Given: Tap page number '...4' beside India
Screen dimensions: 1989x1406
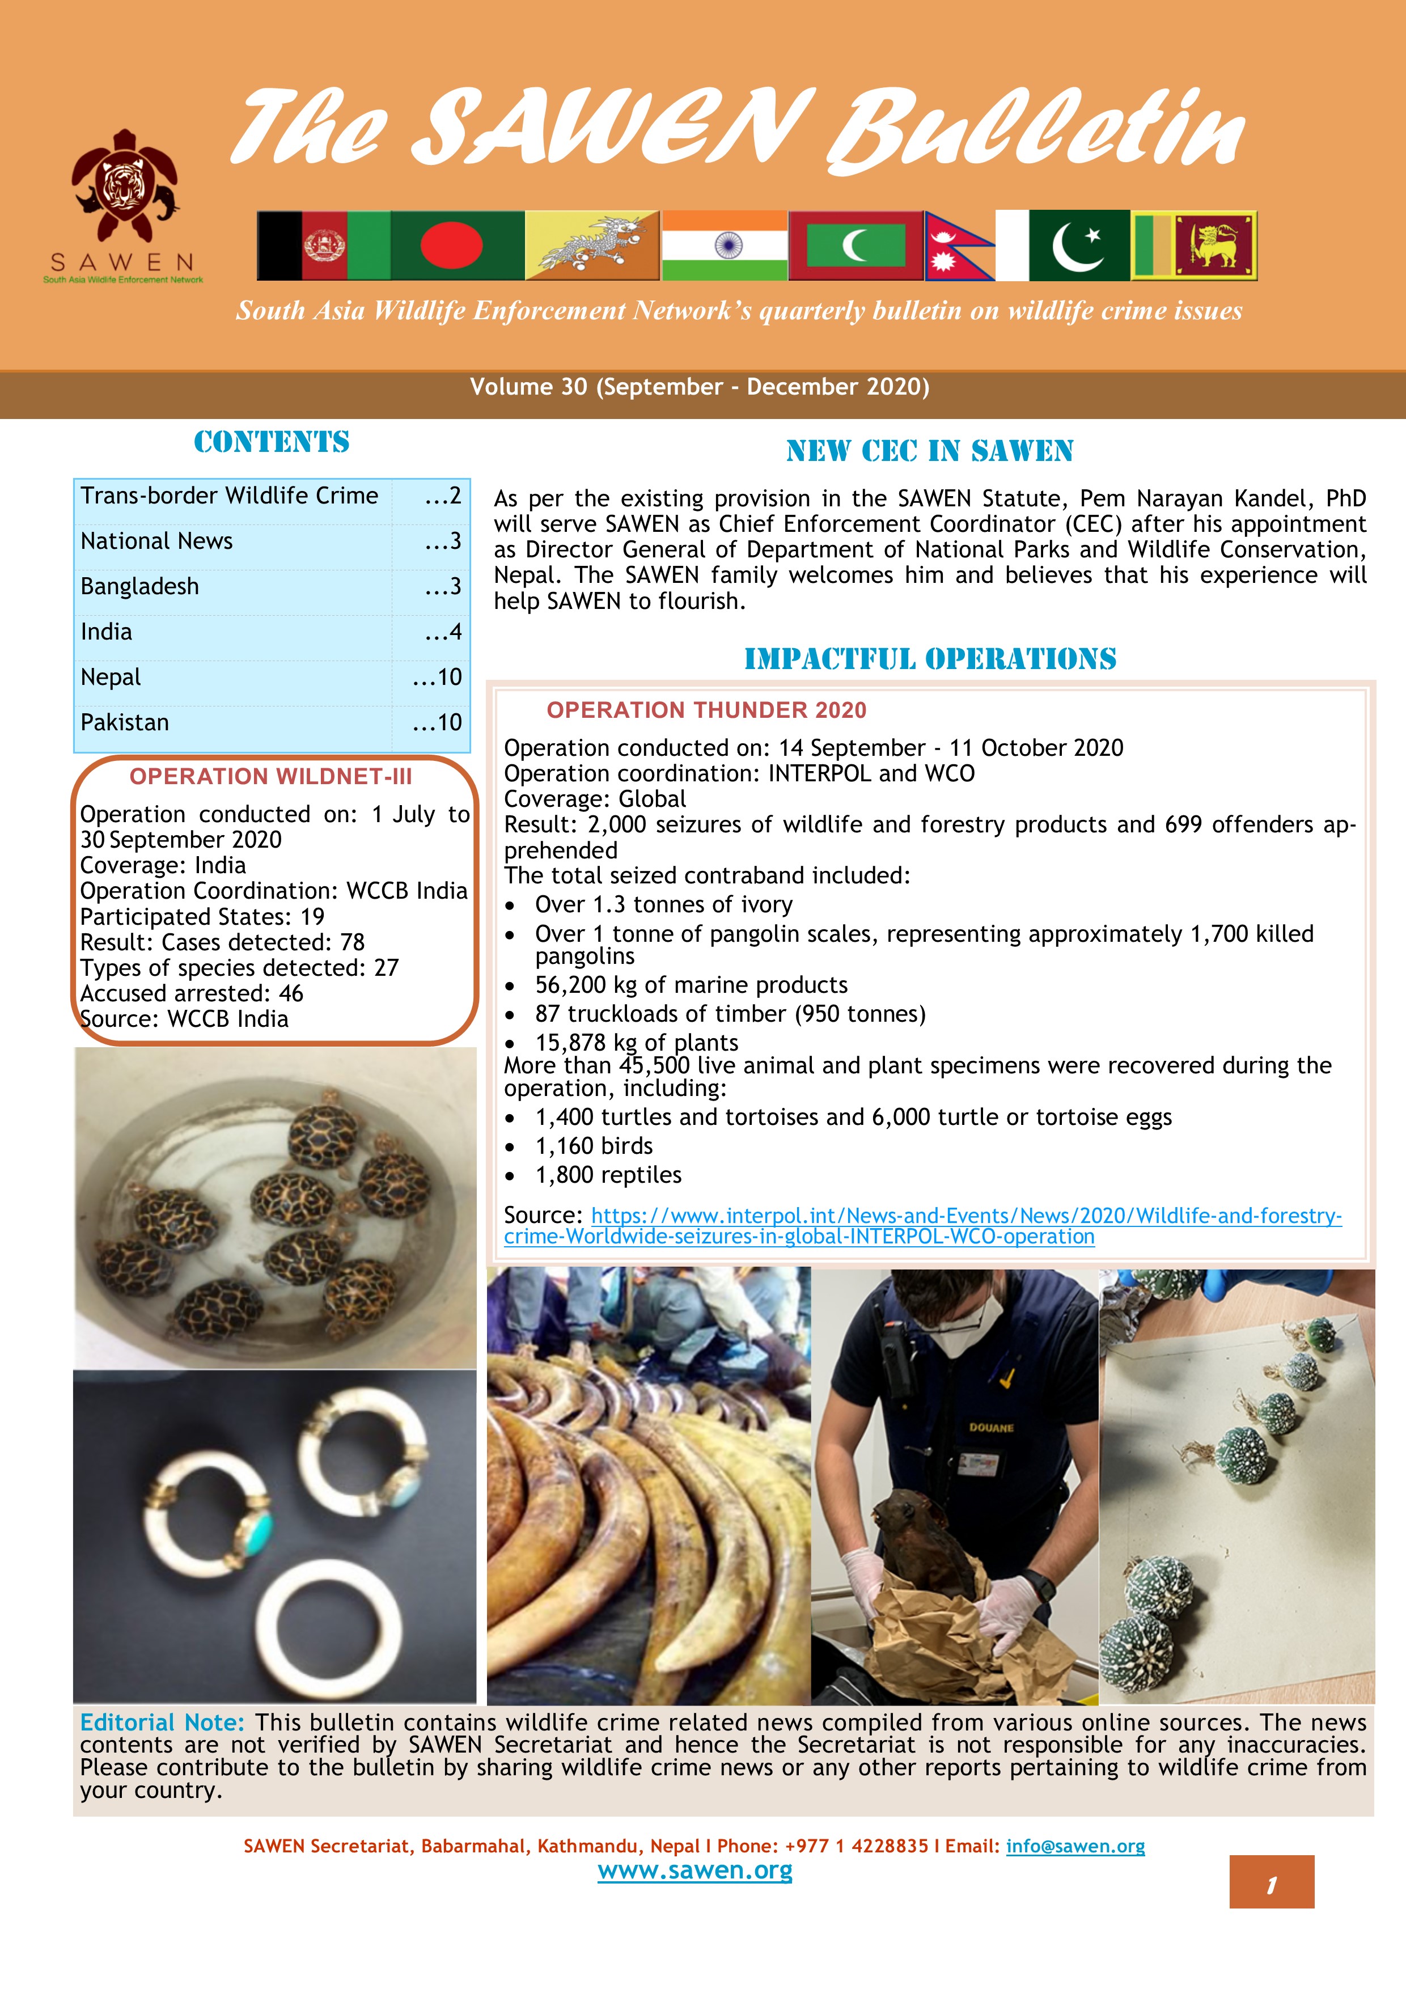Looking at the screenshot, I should click(443, 632).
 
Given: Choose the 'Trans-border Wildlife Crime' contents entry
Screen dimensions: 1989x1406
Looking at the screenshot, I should click(230, 496).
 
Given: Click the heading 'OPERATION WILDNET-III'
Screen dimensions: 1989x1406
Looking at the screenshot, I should click(270, 776).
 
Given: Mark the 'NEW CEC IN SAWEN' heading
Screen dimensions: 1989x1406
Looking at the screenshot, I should click(930, 451).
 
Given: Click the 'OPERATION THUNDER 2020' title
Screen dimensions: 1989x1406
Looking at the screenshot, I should click(706, 710).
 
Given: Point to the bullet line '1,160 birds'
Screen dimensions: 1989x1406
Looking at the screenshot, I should click(594, 1146).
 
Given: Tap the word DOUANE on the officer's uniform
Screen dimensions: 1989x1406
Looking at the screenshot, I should click(991, 1427).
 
